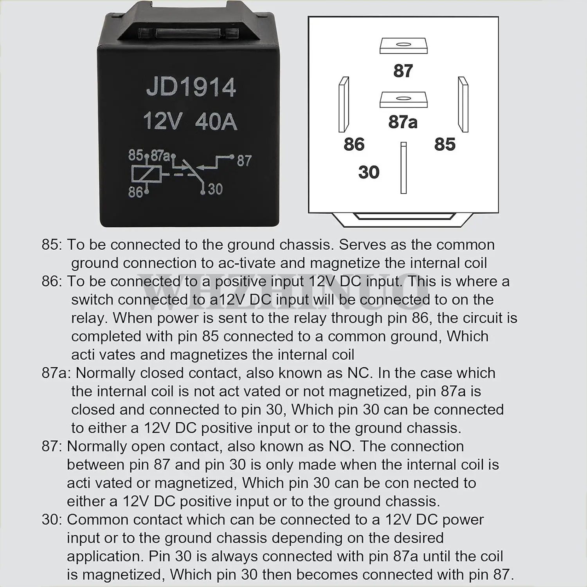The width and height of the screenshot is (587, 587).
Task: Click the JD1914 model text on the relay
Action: [191, 87]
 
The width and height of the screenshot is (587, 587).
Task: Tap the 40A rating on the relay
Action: [216, 121]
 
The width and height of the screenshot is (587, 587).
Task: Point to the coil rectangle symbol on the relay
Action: [146, 174]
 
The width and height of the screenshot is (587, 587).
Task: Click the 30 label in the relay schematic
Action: [215, 189]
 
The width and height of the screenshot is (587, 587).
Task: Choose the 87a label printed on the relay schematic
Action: [160, 155]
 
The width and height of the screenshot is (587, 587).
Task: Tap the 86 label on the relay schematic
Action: [135, 192]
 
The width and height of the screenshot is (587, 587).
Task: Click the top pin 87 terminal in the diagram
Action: [403, 46]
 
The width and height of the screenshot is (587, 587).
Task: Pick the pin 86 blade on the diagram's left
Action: [344, 104]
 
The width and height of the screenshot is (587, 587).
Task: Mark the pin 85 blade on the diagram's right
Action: [463, 104]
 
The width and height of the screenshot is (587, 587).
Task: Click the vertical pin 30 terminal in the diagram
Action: [403, 168]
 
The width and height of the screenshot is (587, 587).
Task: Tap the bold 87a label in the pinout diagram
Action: [403, 122]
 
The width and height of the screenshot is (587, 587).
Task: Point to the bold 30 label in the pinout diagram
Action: [369, 172]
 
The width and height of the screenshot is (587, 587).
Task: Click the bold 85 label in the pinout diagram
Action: [445, 144]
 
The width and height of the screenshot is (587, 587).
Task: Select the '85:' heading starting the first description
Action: [52, 245]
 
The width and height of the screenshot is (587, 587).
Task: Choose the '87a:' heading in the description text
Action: [56, 373]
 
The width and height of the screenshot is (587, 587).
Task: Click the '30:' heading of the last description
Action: [52, 520]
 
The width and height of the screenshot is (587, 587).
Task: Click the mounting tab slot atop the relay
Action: [191, 33]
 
